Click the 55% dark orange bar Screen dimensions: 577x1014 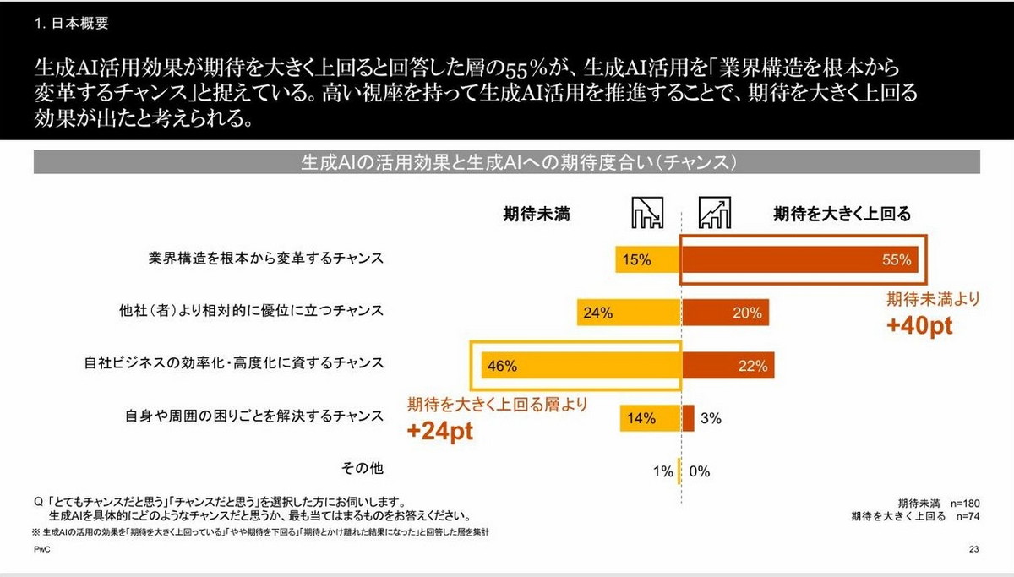(799, 260)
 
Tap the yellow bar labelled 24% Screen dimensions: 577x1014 (629, 313)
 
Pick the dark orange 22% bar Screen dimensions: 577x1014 (728, 366)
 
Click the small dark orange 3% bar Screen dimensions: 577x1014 (688, 418)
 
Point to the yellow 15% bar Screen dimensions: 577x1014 (648, 260)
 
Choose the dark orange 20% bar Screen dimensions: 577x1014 (725, 313)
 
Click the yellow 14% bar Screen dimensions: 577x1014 (650, 418)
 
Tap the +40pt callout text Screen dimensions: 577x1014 (920, 326)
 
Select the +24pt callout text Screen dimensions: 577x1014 (439, 431)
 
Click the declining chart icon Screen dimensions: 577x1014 (647, 214)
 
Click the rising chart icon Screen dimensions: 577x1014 (715, 214)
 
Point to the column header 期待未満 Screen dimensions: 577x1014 (537, 215)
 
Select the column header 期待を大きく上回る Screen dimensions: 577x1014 (842, 215)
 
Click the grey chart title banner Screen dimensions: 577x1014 (506, 161)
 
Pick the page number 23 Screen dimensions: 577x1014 (973, 550)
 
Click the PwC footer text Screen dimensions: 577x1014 (42, 550)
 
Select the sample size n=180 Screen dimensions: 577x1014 (964, 501)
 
